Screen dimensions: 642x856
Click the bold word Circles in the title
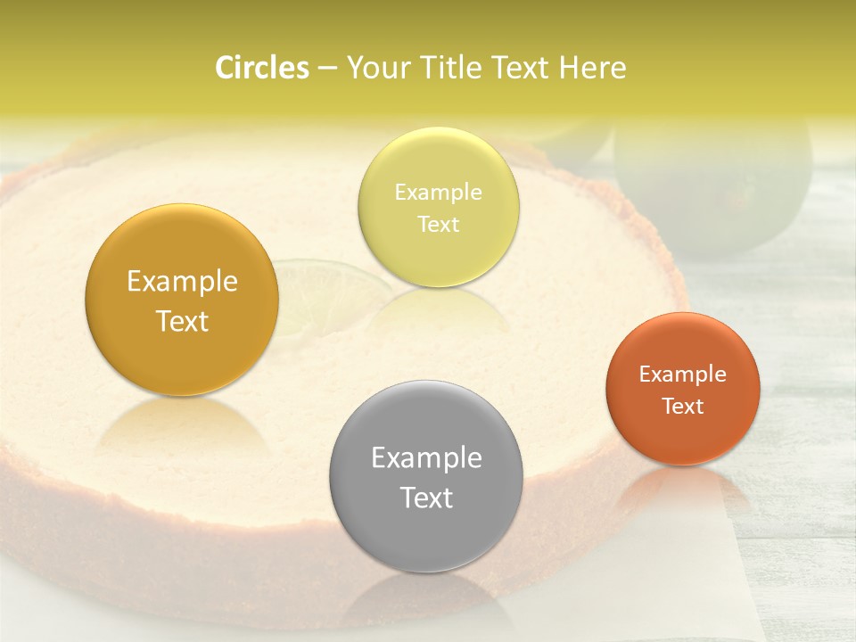pos(261,68)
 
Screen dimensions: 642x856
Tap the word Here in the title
pos(592,68)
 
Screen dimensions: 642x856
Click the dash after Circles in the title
pos(326,69)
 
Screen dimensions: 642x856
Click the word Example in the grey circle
pos(426,457)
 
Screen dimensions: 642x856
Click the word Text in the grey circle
pos(426,498)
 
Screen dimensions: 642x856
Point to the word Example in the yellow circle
pos(438,192)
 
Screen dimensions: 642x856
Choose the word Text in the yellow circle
pos(438,224)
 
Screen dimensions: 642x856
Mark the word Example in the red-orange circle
pos(683,374)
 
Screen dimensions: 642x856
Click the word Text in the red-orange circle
pos(683,406)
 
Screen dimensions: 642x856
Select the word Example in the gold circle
pos(182,281)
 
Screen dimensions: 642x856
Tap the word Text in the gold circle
pos(182,321)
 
